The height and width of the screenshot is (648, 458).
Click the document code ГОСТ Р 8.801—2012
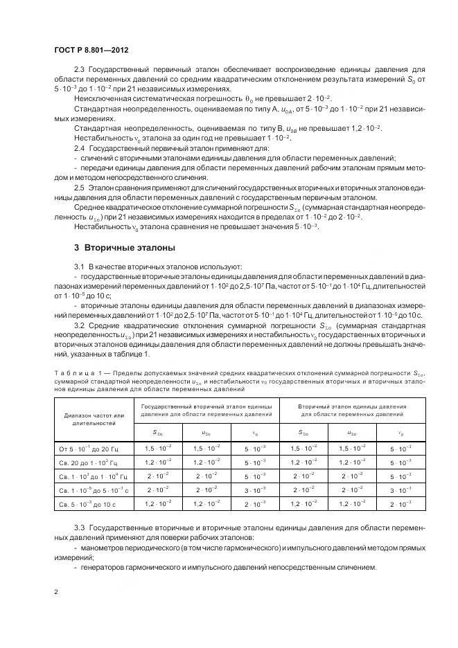click(x=91, y=51)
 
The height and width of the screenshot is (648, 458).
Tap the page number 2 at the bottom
click(x=56, y=592)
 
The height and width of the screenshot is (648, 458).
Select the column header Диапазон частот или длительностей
click(x=93, y=420)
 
